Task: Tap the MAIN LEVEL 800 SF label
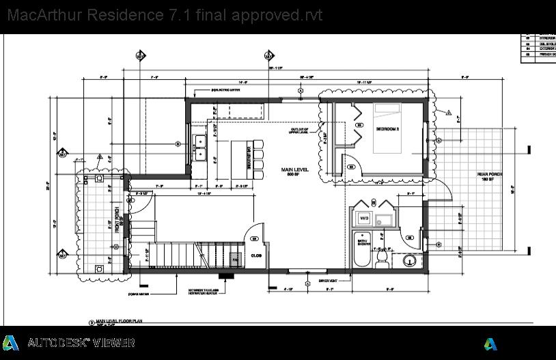coord(295,171)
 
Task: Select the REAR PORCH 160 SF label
coord(489,178)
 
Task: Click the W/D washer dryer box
coord(363,219)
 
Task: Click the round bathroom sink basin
coord(411,261)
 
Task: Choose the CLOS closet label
coord(256,255)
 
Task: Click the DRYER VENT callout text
coord(329,280)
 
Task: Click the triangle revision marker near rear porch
coord(449,112)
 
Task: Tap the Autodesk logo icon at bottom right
coord(490,344)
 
